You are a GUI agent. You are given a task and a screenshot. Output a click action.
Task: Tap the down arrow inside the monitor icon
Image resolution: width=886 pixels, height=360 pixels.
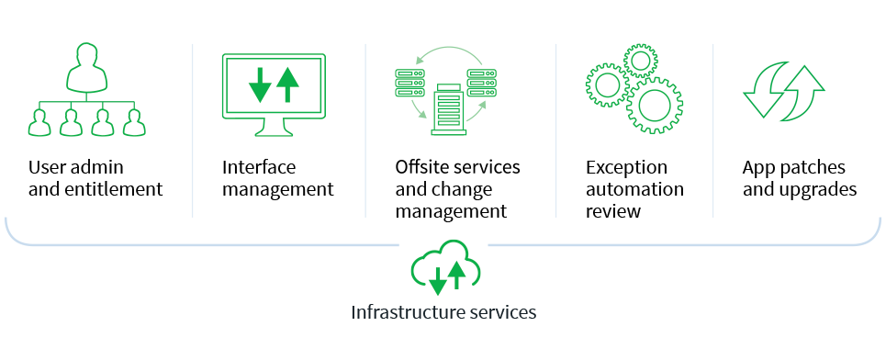pos(261,84)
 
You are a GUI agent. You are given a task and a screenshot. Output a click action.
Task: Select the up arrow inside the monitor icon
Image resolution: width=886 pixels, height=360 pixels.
pos(288,84)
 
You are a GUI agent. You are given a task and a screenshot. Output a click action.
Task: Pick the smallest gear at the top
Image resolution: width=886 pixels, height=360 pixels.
pos(640,61)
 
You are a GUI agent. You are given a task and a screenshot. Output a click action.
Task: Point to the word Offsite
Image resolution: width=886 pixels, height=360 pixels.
pos(422,168)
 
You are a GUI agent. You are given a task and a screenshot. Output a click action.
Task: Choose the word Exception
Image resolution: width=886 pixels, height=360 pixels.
pos(627,168)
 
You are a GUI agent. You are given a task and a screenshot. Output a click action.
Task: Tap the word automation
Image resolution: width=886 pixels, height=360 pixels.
pos(634,190)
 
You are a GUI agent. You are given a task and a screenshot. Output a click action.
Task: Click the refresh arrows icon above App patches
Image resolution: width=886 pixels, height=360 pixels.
pos(783,90)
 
